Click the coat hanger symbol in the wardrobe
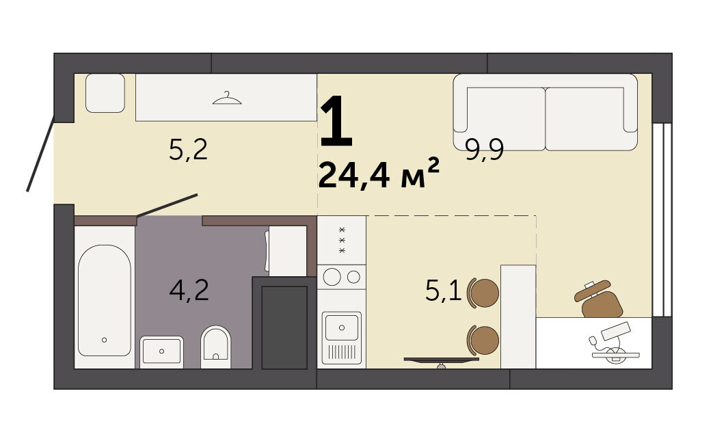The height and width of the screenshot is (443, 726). click(227, 98)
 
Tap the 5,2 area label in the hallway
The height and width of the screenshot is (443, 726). click(188, 150)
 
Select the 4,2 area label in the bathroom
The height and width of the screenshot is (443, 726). click(189, 291)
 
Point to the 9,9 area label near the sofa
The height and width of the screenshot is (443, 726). click(484, 150)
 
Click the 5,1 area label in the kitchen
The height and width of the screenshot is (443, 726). click(443, 291)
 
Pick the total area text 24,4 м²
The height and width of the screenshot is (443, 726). click(378, 174)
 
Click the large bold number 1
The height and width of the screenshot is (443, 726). click(336, 120)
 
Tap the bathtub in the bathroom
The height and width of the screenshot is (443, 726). click(104, 300)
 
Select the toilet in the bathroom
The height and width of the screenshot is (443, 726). click(216, 347)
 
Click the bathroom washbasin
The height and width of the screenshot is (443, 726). click(161, 351)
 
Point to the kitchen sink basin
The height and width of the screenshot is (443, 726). click(342, 327)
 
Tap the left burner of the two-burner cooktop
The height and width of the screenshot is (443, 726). click(332, 278)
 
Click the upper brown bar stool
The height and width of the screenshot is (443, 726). click(483, 293)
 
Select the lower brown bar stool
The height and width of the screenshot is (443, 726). click(483, 340)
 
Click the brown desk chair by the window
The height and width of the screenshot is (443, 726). click(599, 299)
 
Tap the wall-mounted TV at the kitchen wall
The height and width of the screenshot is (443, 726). click(441, 360)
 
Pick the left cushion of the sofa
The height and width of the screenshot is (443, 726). click(506, 118)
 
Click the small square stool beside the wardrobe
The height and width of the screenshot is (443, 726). click(105, 93)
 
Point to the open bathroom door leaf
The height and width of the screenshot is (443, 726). click(167, 206)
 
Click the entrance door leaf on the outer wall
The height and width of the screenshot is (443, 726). click(41, 154)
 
